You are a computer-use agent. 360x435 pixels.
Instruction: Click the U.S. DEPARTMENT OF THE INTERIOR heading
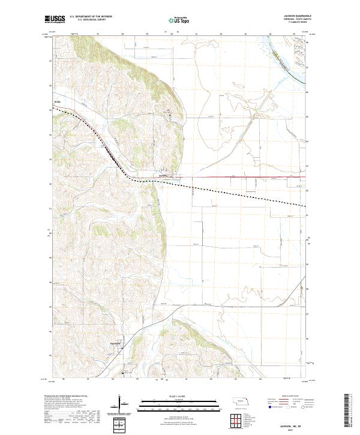point(91,17)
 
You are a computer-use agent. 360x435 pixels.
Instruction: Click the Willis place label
point(59,103)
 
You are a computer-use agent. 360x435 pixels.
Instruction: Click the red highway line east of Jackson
point(240,177)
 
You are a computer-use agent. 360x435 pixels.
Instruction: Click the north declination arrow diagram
point(120,403)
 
